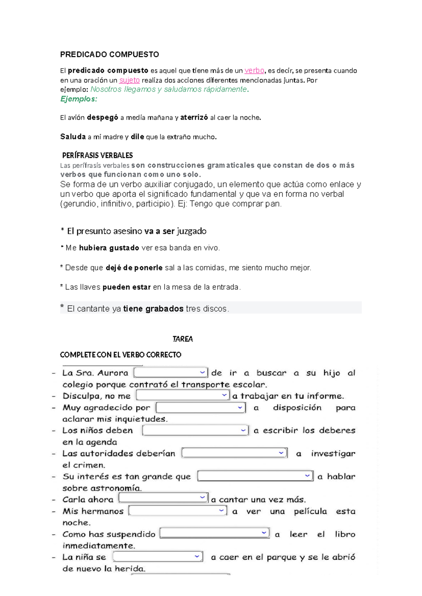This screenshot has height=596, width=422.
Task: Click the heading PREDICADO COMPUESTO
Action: pyautogui.click(x=109, y=54)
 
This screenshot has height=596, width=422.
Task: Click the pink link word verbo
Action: pyautogui.click(x=254, y=71)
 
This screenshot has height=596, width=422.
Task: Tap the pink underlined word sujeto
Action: pyautogui.click(x=129, y=80)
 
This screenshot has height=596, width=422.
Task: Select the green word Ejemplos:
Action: pyautogui.click(x=78, y=99)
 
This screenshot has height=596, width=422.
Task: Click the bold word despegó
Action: pyautogui.click(x=102, y=118)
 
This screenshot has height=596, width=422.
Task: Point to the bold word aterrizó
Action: pyautogui.click(x=194, y=118)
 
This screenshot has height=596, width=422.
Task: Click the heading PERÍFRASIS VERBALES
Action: pyautogui.click(x=97, y=155)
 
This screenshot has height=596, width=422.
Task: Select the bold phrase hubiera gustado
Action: pyautogui.click(x=109, y=248)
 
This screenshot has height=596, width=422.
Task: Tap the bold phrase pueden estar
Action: pyautogui.click(x=127, y=287)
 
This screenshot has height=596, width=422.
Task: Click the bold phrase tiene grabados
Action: pyautogui.click(x=153, y=309)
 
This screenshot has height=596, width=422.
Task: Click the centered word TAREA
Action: pyautogui.click(x=183, y=339)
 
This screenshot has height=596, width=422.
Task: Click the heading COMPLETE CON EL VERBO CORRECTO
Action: pyautogui.click(x=121, y=355)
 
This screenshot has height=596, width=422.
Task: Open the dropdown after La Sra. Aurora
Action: pyautogui.click(x=171, y=372)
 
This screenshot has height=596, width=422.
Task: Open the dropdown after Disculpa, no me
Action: pyautogui.click(x=183, y=395)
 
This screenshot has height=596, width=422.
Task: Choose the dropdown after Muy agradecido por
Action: pyautogui.click(x=200, y=408)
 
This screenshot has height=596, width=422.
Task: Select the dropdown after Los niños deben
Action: pyautogui.click(x=196, y=430)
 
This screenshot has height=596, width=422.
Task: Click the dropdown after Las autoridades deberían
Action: pyautogui.click(x=234, y=453)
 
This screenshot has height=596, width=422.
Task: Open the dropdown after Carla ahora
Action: pyautogui.click(x=164, y=498)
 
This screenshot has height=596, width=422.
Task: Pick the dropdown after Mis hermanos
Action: pyautogui.click(x=178, y=511)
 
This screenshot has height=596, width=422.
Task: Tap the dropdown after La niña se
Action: pyautogui.click(x=158, y=557)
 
